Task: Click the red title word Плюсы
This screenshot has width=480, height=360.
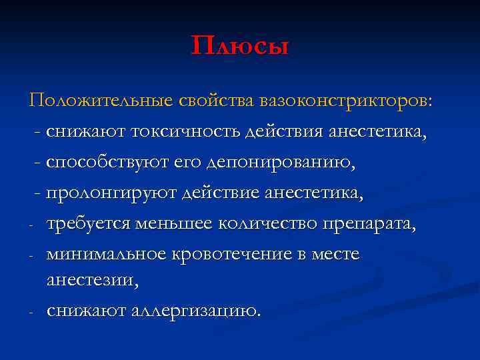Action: coord(239,46)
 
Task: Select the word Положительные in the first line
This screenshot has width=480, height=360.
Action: coord(101,101)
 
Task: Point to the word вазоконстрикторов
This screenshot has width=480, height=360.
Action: coord(346,101)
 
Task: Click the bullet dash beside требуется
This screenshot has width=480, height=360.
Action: coord(31,226)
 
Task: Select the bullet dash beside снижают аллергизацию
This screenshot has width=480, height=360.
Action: coord(31,313)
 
